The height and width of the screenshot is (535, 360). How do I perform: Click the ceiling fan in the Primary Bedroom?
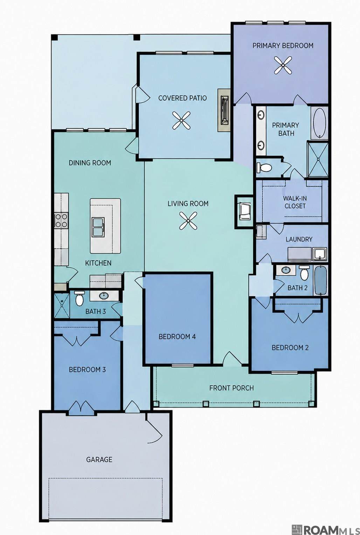[283, 65]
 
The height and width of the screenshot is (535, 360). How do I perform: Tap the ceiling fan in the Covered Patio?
[181, 120]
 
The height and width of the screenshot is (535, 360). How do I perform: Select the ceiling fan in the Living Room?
[188, 221]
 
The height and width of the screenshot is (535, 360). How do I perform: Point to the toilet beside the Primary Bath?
[264, 167]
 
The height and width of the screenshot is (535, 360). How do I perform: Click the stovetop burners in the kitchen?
[61, 221]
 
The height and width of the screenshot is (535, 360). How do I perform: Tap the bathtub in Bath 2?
[320, 280]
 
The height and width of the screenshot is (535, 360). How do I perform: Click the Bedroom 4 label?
[177, 337]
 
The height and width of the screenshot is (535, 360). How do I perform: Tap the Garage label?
[99, 459]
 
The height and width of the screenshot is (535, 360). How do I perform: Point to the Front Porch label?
[231, 388]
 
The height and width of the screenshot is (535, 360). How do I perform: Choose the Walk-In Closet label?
[295, 202]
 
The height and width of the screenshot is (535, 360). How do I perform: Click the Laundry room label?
[299, 239]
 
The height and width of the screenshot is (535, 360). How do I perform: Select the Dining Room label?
[90, 163]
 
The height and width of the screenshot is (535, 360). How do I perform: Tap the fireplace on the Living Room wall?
[244, 212]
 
